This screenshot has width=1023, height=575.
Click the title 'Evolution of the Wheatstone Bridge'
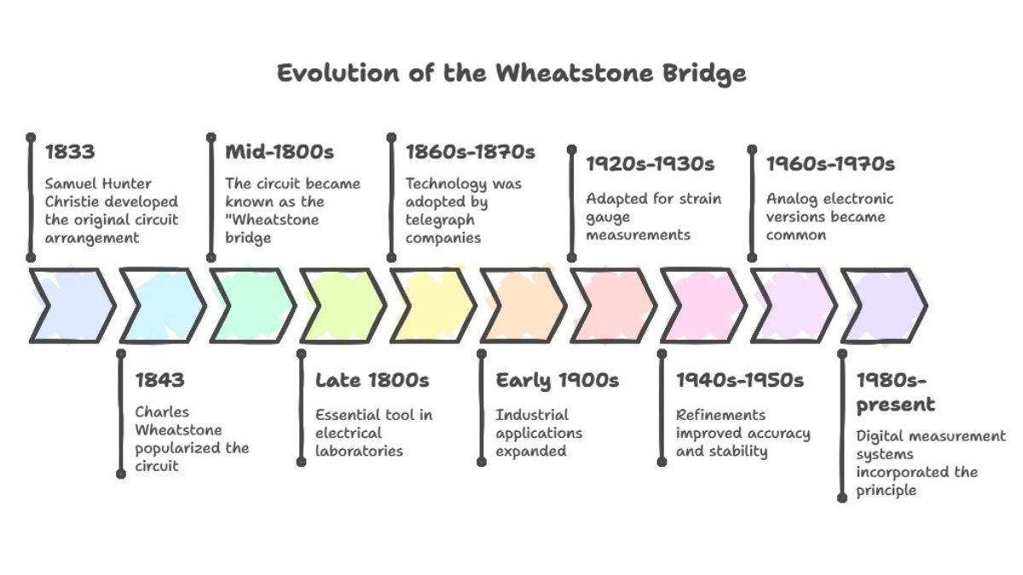point(511,72)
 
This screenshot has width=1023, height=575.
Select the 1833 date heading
point(70,152)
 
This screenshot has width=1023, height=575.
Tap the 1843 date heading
point(160,380)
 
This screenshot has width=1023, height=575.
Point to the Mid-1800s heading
point(280,152)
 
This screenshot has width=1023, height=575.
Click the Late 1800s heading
point(373,380)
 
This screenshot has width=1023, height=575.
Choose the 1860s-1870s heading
point(470,152)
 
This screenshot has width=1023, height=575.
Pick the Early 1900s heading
point(558,380)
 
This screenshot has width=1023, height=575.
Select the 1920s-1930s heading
point(650,164)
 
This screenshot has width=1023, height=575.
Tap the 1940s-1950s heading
point(740,380)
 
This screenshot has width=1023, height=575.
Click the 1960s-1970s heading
point(830,164)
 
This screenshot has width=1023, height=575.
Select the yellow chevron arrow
point(431,305)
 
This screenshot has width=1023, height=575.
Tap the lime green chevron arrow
point(341,305)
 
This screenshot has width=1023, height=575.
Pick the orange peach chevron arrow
point(522,305)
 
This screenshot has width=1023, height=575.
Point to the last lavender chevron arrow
point(882,305)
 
